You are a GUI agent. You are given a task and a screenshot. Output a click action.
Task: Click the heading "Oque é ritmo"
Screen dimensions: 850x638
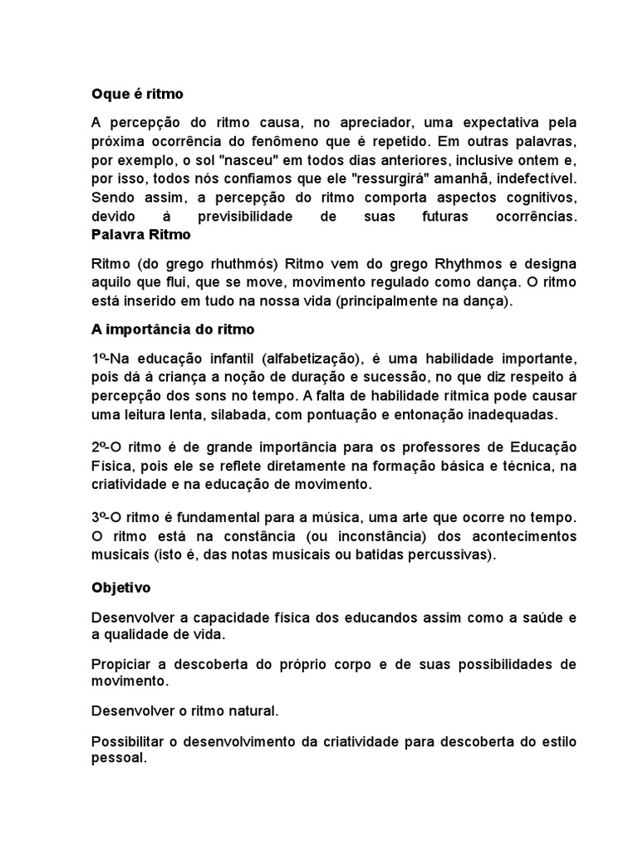136,94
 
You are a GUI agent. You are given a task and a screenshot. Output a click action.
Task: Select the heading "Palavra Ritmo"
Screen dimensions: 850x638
140,235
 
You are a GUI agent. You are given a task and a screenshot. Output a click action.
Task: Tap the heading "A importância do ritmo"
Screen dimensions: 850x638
173,330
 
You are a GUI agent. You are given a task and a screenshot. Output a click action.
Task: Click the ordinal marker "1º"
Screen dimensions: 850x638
99,359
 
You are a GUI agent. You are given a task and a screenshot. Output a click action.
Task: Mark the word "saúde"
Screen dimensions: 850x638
540,618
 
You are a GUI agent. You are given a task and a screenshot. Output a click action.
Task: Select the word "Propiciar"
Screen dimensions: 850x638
121,665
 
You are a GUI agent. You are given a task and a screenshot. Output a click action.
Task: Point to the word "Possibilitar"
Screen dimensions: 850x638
129,740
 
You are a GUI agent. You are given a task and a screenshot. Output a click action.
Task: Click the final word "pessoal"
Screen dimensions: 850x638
118,759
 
